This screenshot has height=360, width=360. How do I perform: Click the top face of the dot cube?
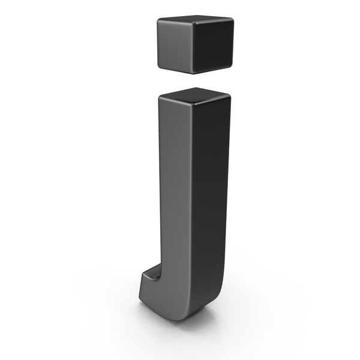click(x=195, y=19)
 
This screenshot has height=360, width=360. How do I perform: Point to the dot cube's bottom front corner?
click(x=194, y=73)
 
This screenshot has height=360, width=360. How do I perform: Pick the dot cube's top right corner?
click(x=232, y=19)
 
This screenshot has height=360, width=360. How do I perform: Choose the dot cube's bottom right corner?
click(x=232, y=65)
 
